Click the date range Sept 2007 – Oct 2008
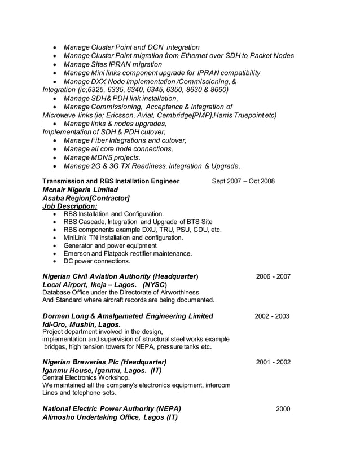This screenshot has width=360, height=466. pyautogui.click(x=243, y=181)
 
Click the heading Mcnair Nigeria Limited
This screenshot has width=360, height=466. pyautogui.click(x=80, y=190)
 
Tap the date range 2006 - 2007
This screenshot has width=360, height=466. pyautogui.click(x=273, y=276)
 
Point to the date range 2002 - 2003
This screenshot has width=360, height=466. pyautogui.click(x=272, y=316)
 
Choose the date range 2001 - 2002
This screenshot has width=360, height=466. pyautogui.click(x=273, y=362)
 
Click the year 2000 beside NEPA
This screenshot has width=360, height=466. pyautogui.click(x=283, y=408)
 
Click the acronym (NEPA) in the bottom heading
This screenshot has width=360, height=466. pyautogui.click(x=166, y=408)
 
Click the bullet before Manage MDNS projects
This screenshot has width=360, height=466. pyautogui.click(x=54, y=157)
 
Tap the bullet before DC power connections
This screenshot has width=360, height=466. pyautogui.click(x=54, y=261)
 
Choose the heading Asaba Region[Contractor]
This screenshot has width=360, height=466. pyautogui.click(x=86, y=199)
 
